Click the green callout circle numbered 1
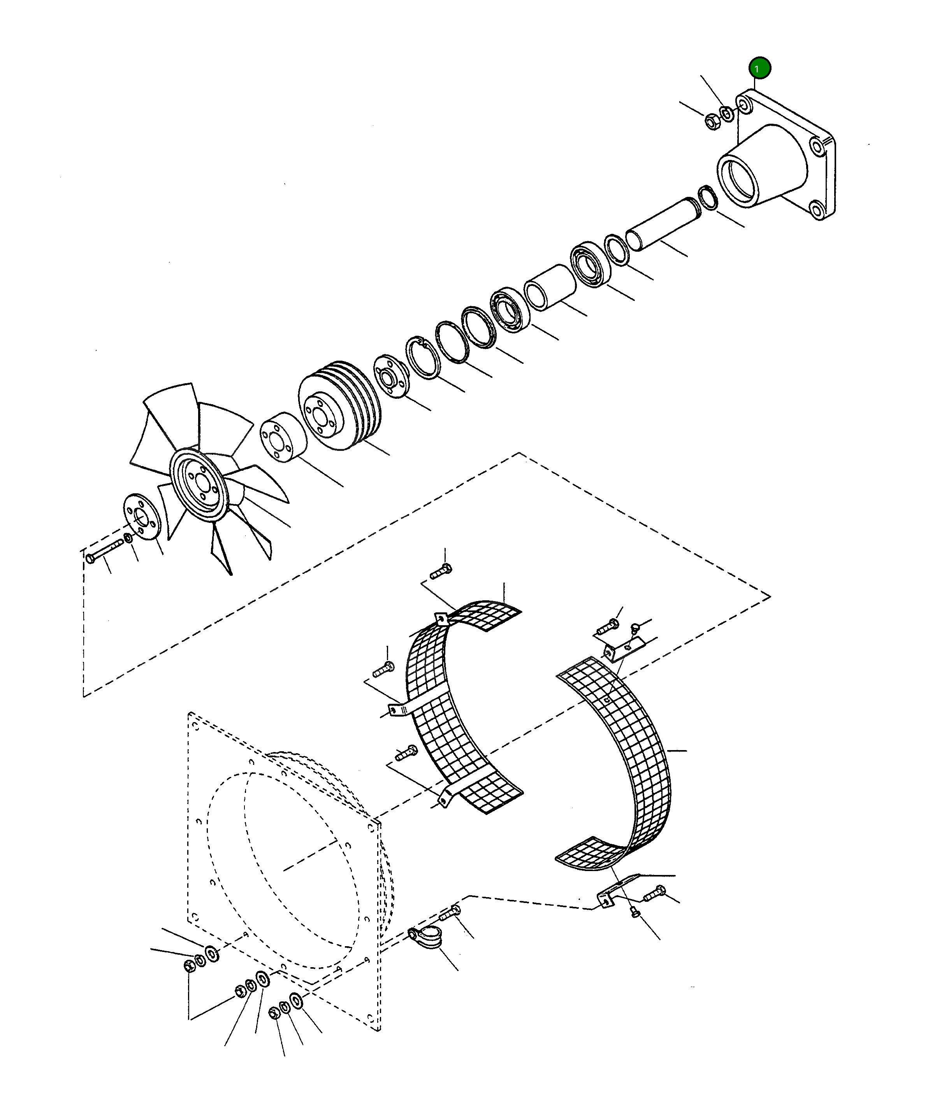click(x=759, y=68)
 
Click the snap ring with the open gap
click(x=422, y=358)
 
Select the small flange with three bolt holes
click(x=391, y=376)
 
